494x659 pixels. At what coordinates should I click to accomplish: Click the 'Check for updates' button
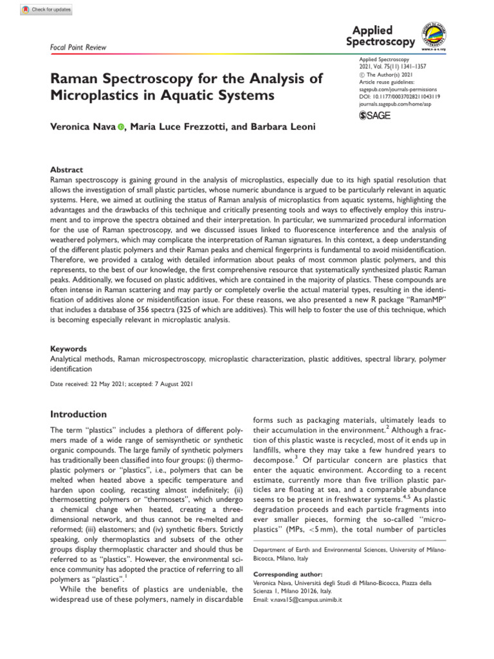click(46, 10)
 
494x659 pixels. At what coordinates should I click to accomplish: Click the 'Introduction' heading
click(78, 414)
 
